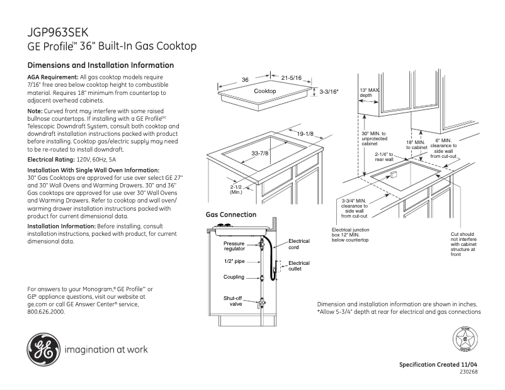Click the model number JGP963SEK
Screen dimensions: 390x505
pos(59,32)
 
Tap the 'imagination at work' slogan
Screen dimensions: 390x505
pos(105,349)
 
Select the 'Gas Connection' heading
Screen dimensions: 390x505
pos(231,214)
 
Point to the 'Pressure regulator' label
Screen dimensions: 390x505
pos(234,246)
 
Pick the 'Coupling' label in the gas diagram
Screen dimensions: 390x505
pos(234,277)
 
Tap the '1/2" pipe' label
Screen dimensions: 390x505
pos(234,261)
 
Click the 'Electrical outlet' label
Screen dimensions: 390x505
pos(299,265)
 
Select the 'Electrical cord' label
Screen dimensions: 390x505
pos(299,244)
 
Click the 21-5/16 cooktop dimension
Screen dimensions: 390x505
pos(292,77)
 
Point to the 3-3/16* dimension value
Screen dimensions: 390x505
pos(329,92)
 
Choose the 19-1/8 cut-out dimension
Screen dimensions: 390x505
pos(305,133)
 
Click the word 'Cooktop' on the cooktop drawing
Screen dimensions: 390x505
pos(265,92)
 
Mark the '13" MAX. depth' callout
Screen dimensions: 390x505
pos(370,92)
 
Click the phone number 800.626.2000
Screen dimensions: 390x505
pos(47,311)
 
